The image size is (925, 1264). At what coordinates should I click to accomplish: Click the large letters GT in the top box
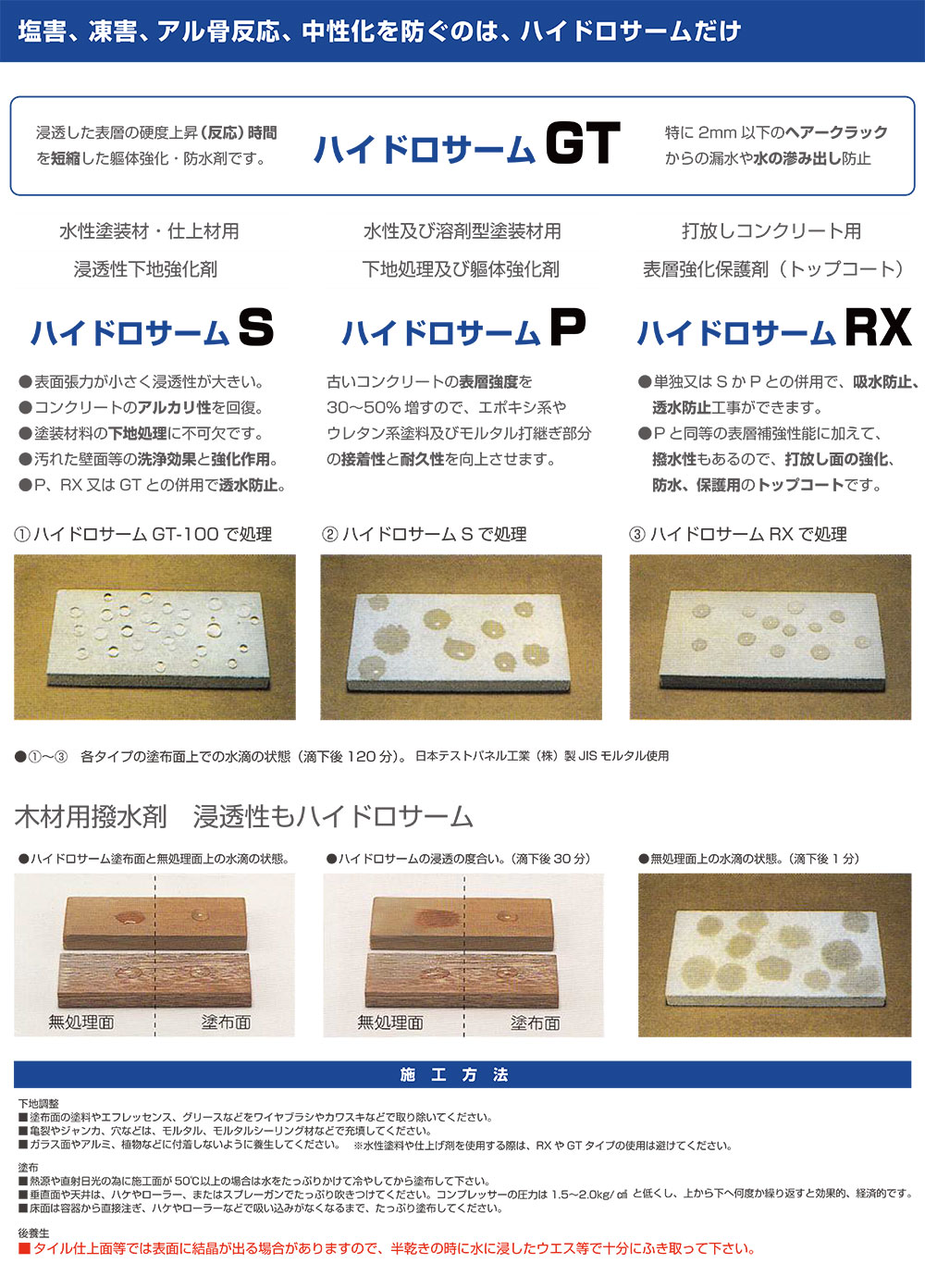click(582, 144)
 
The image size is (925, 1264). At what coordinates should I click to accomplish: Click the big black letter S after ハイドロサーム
click(255, 328)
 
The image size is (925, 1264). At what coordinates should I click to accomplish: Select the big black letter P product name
click(568, 328)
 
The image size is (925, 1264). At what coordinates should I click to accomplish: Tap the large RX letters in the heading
click(878, 328)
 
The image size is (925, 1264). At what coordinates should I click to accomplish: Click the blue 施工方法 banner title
click(454, 1074)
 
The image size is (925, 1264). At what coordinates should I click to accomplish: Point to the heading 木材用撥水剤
click(91, 816)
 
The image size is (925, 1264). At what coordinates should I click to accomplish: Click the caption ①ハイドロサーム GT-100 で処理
click(143, 534)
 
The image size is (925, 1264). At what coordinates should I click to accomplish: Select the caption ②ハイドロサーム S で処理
click(425, 534)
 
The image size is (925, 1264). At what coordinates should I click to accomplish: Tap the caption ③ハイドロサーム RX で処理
click(738, 534)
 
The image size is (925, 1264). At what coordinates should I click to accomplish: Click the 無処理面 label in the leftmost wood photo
click(81, 1022)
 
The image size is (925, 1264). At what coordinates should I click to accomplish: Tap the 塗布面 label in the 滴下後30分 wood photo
click(535, 1022)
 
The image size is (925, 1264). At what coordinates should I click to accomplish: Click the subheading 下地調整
click(39, 1103)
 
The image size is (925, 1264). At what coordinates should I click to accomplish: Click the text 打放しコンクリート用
click(771, 231)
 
